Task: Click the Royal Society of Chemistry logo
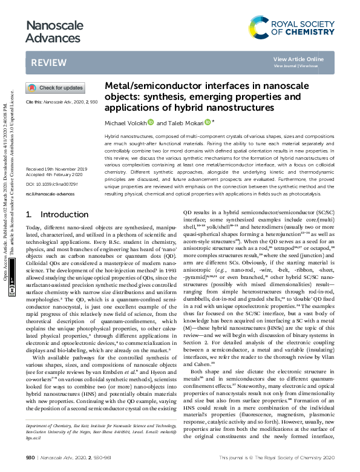click(292, 27)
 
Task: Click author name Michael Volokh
click(125, 123)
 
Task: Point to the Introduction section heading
click(55, 214)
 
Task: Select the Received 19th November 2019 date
click(56, 168)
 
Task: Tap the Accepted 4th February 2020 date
click(56, 174)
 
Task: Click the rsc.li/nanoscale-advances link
click(50, 194)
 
